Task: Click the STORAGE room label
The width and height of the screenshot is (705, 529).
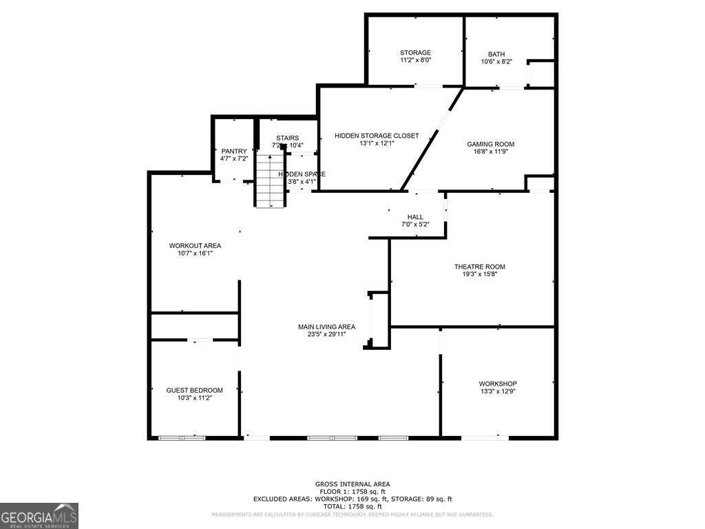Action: [415, 52]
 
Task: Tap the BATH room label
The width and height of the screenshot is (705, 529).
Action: [496, 54]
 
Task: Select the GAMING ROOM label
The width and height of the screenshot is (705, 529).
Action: [490, 144]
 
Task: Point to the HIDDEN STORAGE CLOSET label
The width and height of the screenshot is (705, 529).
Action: [376, 136]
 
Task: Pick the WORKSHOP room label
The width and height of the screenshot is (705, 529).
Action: [498, 384]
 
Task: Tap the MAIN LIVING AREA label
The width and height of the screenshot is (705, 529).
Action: [326, 326]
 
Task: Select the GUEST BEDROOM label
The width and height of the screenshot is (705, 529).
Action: [194, 390]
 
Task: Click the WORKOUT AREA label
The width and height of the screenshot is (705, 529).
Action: [195, 245]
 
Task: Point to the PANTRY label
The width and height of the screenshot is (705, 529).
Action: [233, 151]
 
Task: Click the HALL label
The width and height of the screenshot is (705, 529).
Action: [415, 217]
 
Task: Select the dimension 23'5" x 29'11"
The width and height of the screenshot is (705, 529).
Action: [326, 334]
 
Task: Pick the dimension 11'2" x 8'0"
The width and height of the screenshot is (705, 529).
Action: [415, 61]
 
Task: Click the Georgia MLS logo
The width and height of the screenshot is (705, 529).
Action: [39, 516]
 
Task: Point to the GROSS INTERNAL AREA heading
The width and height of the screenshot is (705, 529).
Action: [352, 484]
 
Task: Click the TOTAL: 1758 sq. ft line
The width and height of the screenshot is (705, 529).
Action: [352, 506]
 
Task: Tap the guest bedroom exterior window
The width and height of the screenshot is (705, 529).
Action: [182, 437]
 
